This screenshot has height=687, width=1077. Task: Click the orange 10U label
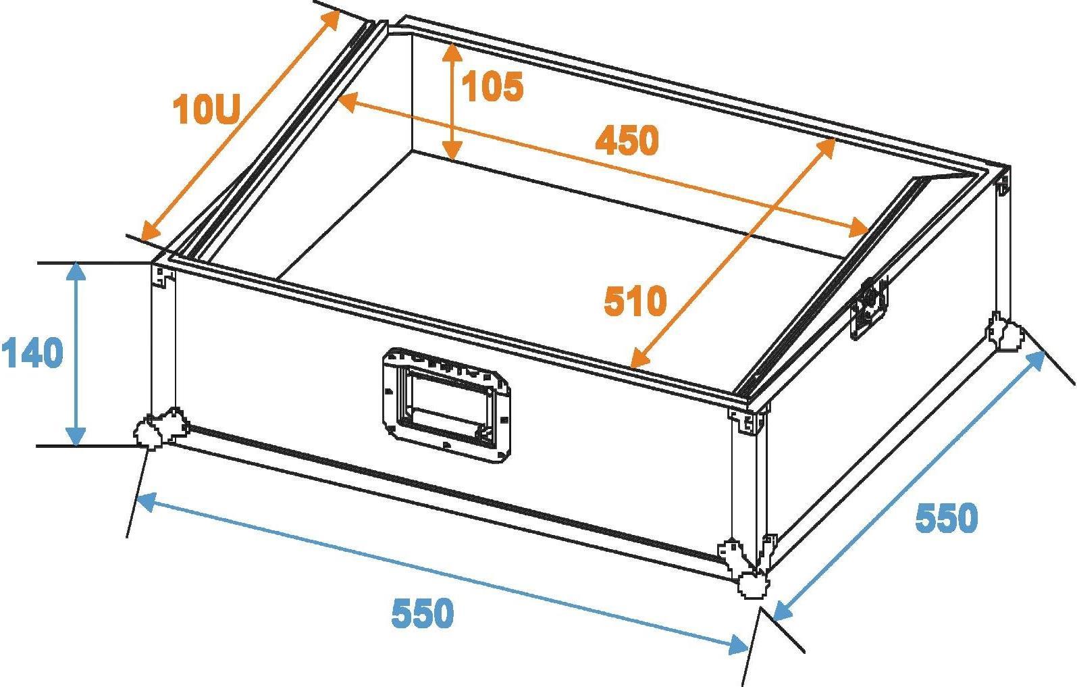click(206, 109)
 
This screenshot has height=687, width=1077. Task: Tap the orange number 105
click(492, 86)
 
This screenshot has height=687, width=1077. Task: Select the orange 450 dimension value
click(627, 140)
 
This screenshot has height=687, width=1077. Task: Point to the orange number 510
click(635, 301)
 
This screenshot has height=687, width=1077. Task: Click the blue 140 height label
click(32, 353)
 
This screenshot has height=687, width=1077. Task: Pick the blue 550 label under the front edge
click(423, 613)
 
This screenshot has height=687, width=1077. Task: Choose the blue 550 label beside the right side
click(946, 517)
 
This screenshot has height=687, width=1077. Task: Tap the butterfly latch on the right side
click(869, 309)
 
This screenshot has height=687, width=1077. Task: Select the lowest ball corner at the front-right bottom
click(754, 586)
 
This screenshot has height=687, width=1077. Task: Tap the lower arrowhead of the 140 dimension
click(76, 437)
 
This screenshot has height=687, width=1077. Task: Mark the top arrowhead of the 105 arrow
click(452, 52)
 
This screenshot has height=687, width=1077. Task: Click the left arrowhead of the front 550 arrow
click(146, 502)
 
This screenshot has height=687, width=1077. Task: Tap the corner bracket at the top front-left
click(163, 276)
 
